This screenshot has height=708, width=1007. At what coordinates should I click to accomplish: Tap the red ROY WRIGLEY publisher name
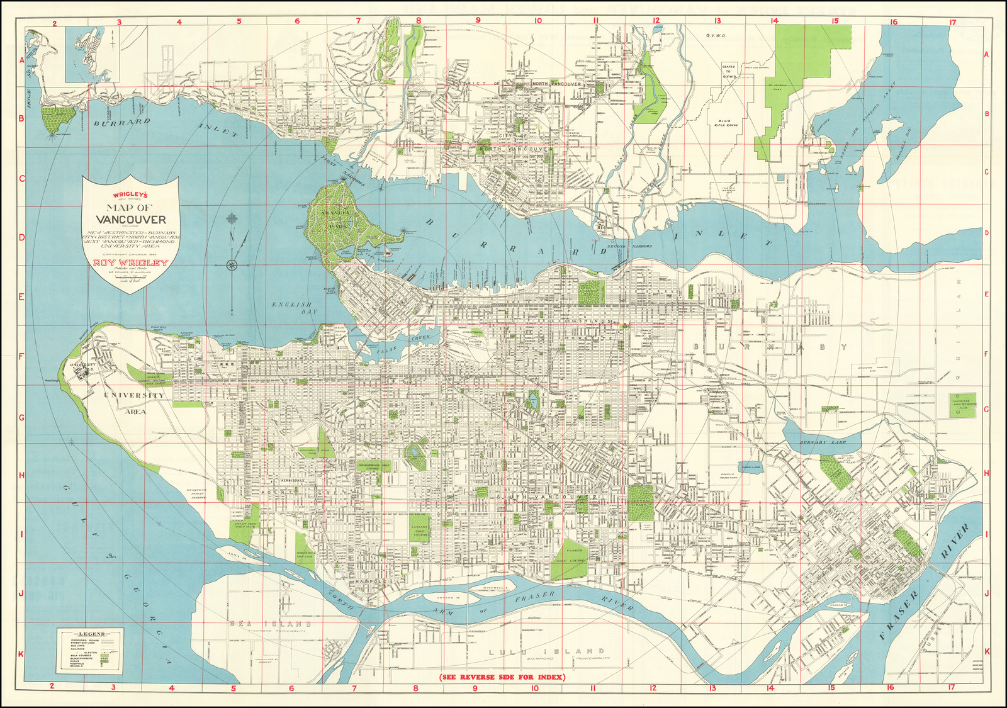tap(130, 263)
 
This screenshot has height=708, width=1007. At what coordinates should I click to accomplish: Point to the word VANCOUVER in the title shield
tap(131, 220)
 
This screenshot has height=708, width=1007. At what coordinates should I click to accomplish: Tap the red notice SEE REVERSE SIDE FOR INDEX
tap(502, 677)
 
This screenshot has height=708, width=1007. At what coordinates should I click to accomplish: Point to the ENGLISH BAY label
tap(295, 308)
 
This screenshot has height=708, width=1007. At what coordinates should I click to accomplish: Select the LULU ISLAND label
tap(546, 651)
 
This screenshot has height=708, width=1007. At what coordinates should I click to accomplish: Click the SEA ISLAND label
tap(271, 624)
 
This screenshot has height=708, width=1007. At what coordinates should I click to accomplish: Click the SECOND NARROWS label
tap(629, 246)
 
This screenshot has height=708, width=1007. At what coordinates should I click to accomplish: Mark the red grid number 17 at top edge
tap(952, 22)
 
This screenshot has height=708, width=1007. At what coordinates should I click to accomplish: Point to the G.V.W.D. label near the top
tap(716, 37)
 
